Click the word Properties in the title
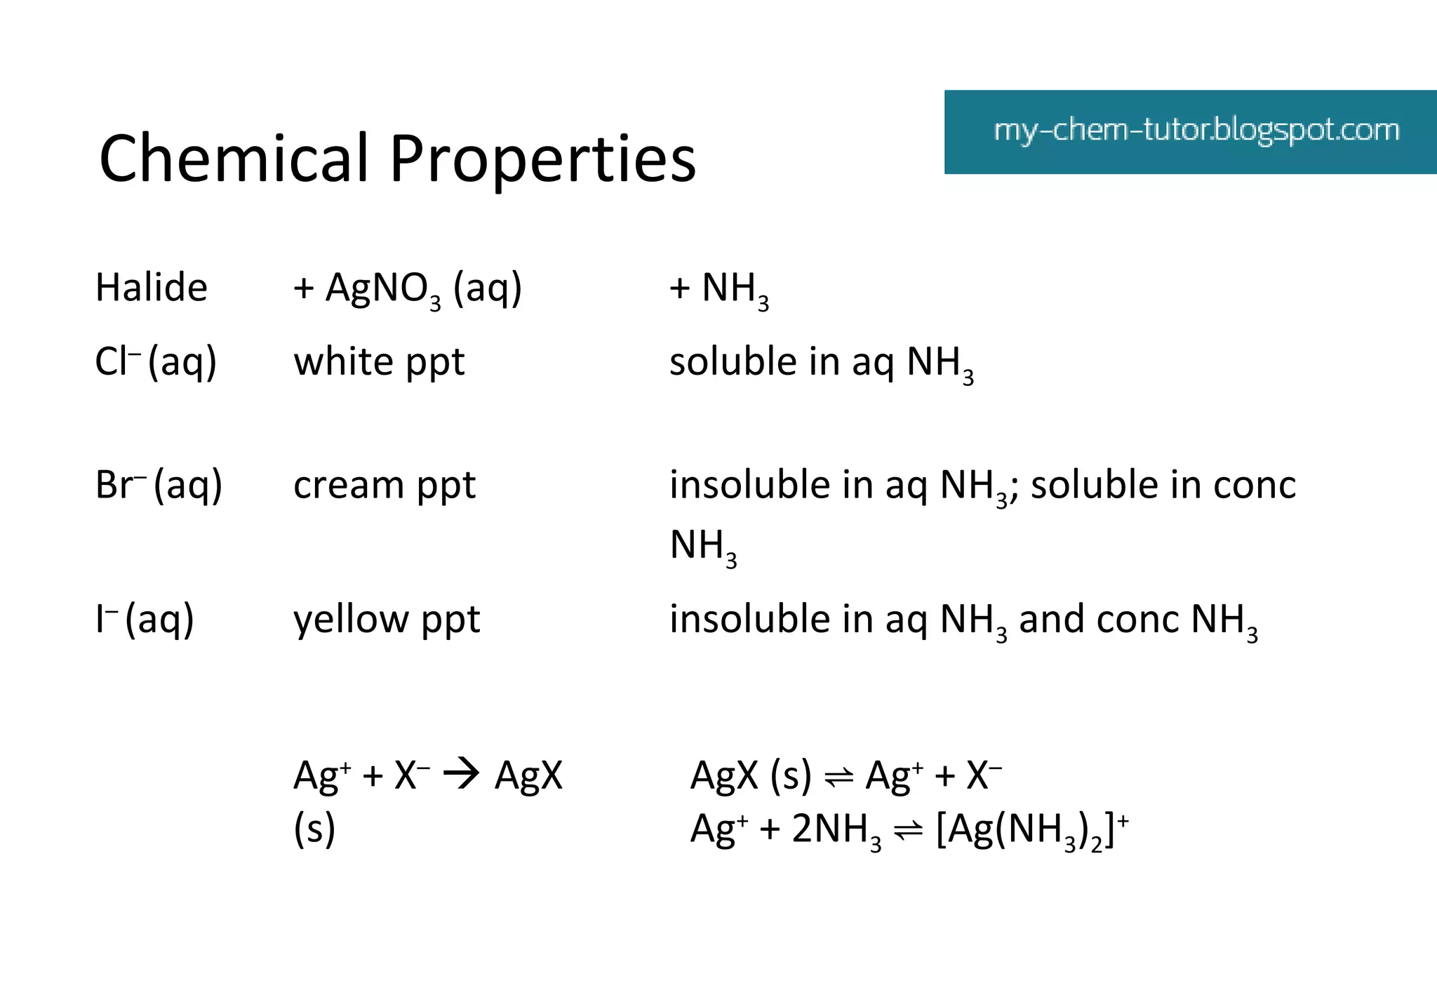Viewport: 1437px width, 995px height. click(x=542, y=160)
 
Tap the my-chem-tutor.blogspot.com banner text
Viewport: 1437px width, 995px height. click(x=1196, y=131)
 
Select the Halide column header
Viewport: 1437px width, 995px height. click(x=152, y=288)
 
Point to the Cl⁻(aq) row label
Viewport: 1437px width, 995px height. click(x=156, y=363)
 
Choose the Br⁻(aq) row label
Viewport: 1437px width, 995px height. click(x=159, y=486)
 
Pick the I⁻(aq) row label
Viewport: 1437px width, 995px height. click(x=145, y=620)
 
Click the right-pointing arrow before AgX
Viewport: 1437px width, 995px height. click(x=462, y=775)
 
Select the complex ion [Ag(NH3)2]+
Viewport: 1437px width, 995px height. click(x=1032, y=830)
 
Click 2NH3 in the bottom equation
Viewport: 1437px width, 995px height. click(x=836, y=830)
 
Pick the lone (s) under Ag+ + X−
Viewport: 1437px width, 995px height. click(x=314, y=829)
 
